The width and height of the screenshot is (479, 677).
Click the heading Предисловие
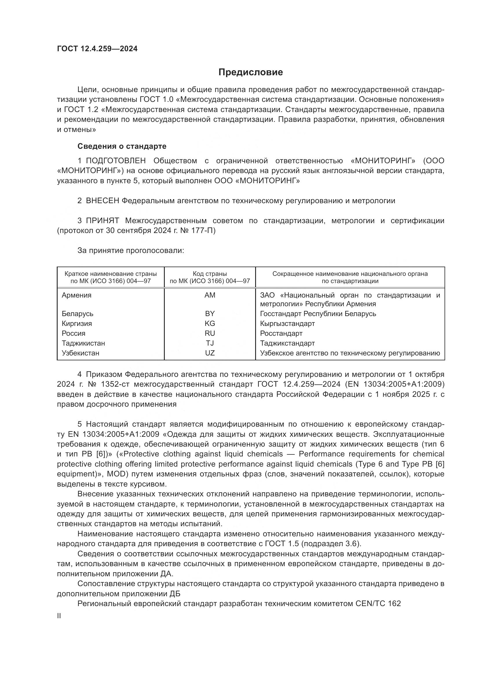point(251,72)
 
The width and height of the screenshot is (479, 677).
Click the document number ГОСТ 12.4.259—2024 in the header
point(97,49)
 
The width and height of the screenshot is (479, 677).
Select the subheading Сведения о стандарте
point(122,146)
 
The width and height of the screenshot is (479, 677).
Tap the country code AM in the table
point(210,295)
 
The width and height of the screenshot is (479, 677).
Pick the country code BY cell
point(210,313)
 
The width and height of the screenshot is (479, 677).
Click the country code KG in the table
point(210,324)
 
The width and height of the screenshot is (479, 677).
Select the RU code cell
point(210,333)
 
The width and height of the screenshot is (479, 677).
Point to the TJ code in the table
point(210,343)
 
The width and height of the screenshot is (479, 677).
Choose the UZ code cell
point(210,353)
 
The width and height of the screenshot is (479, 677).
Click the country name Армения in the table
point(77,295)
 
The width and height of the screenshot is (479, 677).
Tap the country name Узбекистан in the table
point(81,353)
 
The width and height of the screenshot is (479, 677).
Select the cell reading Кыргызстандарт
point(287,324)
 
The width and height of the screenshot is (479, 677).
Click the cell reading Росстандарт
point(281,333)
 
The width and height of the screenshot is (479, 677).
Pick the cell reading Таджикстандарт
point(287,343)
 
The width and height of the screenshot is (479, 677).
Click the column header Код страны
point(210,274)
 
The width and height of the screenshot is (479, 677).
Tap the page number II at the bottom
point(59,616)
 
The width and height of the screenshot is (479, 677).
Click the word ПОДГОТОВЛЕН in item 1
point(116,161)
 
